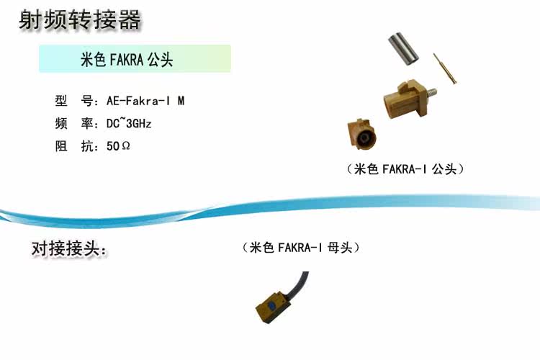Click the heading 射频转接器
79,20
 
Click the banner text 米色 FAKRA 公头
127,60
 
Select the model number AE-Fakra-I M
145,101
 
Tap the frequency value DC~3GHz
129,124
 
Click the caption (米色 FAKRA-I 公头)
405,169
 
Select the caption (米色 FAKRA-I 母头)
301,248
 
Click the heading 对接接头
68,249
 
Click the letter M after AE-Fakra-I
181,101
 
